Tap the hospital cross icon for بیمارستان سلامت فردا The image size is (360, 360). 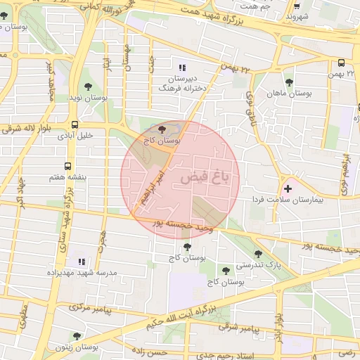click(287, 188)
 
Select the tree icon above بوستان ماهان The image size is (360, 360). click(289, 82)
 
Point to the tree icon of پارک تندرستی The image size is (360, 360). click(258, 254)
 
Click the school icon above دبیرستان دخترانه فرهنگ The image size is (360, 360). click(183, 68)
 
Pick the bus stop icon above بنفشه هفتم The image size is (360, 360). click(67, 167)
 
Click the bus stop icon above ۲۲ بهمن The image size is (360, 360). click(340, 63)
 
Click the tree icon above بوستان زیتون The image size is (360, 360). click(77, 336)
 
